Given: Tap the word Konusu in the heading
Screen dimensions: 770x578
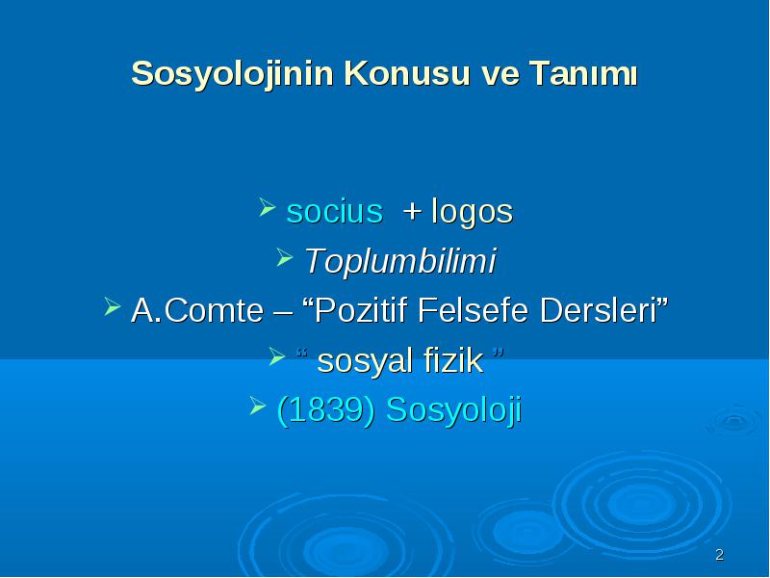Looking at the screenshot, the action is (x=407, y=73).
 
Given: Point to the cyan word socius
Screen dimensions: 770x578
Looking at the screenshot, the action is (x=334, y=212).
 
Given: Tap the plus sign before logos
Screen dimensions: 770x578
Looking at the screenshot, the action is (x=412, y=212).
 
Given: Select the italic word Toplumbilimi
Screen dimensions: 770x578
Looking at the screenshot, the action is (x=400, y=261).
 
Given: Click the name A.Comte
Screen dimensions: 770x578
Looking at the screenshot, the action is (x=197, y=310).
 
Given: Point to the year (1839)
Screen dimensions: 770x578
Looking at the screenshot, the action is (x=326, y=410).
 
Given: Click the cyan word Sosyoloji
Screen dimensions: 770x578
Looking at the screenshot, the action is (x=453, y=411).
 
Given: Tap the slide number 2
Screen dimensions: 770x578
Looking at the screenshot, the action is (x=719, y=555).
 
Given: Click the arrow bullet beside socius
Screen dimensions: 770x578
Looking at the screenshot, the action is (x=267, y=207).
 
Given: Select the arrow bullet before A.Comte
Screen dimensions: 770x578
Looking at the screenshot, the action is (x=113, y=305).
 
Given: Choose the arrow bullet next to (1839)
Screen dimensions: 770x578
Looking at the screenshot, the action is (x=258, y=406).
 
